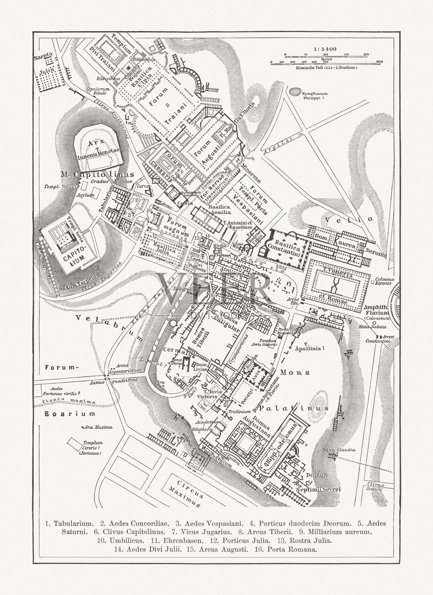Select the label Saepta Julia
pos(44,64)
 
